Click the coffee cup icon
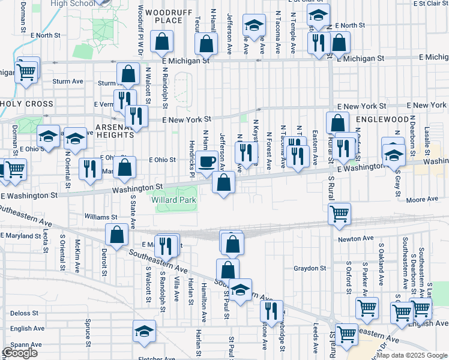207,162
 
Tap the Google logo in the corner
20,353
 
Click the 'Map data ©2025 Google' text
412,355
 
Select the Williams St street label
101,217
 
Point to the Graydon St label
310,268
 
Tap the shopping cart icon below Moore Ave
340,214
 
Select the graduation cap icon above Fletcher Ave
144,332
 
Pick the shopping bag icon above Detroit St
117,235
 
